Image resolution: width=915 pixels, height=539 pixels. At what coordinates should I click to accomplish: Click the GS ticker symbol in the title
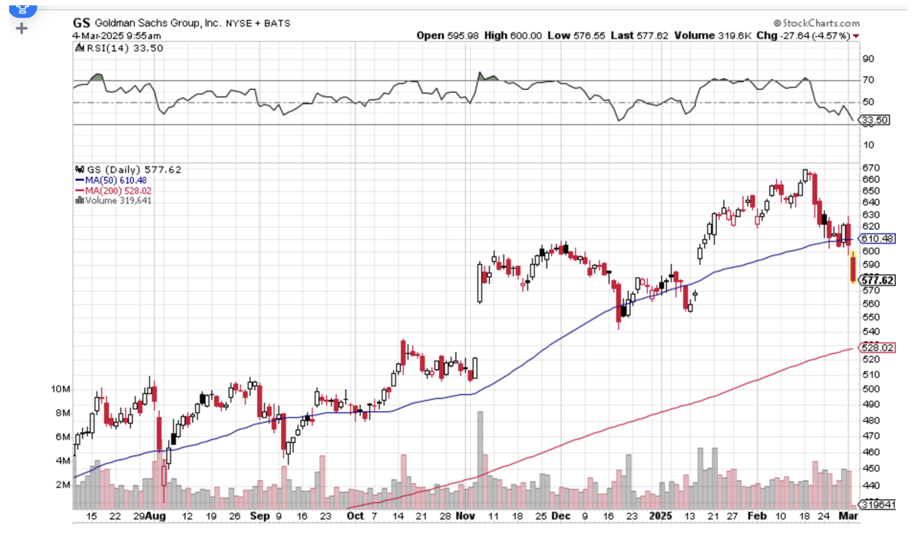[x=81, y=23]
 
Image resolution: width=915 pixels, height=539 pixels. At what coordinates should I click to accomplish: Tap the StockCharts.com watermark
[x=815, y=23]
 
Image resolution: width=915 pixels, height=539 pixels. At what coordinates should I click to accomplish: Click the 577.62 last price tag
[x=878, y=281]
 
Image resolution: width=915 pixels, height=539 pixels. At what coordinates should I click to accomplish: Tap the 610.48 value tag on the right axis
[x=878, y=239]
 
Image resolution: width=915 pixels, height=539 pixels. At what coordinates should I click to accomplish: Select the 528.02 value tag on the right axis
[x=878, y=348]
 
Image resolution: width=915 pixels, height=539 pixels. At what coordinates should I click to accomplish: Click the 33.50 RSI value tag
[x=874, y=121]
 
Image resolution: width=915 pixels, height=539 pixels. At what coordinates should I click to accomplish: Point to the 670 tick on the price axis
[x=870, y=167]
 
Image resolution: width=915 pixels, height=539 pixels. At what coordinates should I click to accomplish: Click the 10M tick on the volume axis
[x=61, y=389]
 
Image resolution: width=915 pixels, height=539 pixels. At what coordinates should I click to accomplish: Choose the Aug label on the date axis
[x=157, y=517]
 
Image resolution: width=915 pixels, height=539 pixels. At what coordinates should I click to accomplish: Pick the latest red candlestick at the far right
[x=853, y=271]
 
